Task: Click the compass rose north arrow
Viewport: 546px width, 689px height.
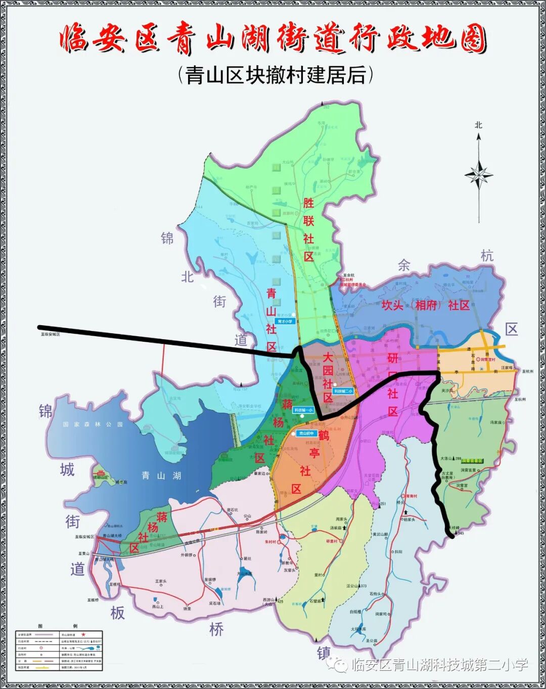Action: [478, 175]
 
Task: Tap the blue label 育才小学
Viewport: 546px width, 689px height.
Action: [285, 321]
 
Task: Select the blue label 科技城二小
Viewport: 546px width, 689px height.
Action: [343, 391]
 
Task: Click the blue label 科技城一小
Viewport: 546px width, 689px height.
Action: [303, 410]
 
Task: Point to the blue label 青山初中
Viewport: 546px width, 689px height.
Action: [306, 433]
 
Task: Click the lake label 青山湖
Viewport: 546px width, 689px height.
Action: [161, 475]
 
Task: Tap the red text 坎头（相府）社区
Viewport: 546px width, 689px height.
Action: [425, 305]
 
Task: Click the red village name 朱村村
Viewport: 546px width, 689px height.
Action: [270, 541]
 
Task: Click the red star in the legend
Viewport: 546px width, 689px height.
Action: [83, 634]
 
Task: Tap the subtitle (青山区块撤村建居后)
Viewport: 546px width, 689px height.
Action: [276, 75]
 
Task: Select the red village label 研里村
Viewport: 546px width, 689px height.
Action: [332, 541]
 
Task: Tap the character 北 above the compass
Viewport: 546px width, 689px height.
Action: [478, 124]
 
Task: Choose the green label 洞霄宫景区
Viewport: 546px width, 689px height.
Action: [472, 461]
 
